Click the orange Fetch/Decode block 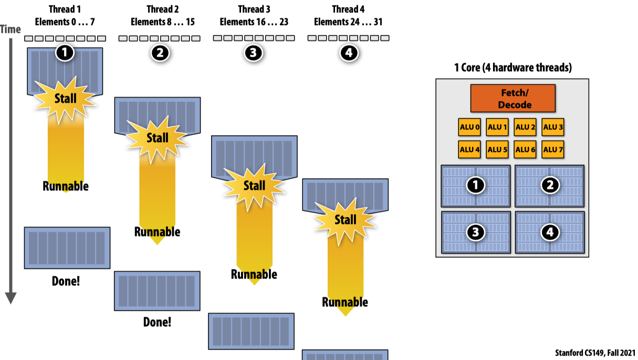point(513,98)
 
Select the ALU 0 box point(469,127)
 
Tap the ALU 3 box point(553,127)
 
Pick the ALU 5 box point(497,150)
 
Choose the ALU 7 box point(553,150)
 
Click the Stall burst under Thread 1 point(65,98)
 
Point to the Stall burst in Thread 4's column point(345,219)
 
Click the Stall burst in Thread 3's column point(254,186)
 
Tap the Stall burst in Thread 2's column point(158,138)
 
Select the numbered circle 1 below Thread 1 point(65,52)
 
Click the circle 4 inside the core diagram point(550,232)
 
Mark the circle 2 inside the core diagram point(550,185)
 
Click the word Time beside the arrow point(11,29)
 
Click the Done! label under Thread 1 point(66,281)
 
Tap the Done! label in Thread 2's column point(157,322)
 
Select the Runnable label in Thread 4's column point(345,302)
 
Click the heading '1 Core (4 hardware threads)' point(513,68)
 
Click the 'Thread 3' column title point(254,9)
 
